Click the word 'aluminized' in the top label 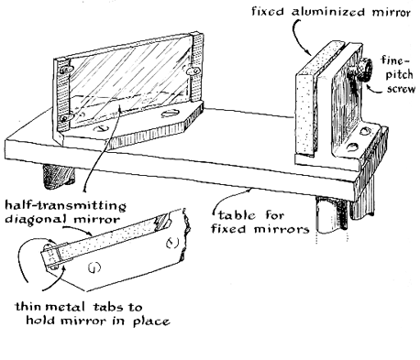click(x=328, y=12)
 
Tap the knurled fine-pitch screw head click(x=365, y=70)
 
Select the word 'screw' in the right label click(x=401, y=89)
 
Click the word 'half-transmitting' click(x=65, y=205)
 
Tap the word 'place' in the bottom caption click(x=151, y=322)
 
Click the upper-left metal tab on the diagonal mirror click(x=66, y=70)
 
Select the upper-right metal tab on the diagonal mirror click(x=193, y=71)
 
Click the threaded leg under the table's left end click(x=58, y=177)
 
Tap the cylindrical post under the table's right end click(x=332, y=215)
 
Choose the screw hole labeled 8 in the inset click(x=172, y=243)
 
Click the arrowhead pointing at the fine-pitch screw click(x=370, y=87)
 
